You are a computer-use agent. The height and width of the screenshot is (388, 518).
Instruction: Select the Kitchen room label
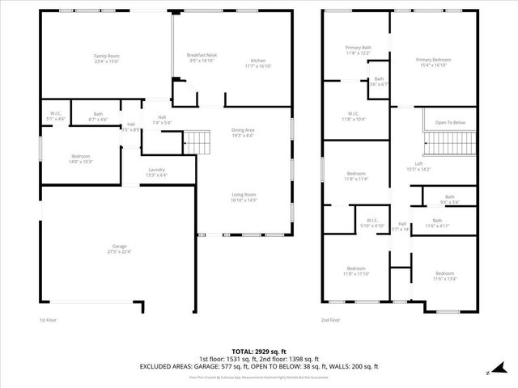(x=258, y=61)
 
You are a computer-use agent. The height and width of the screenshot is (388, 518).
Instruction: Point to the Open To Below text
(x=450, y=122)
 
